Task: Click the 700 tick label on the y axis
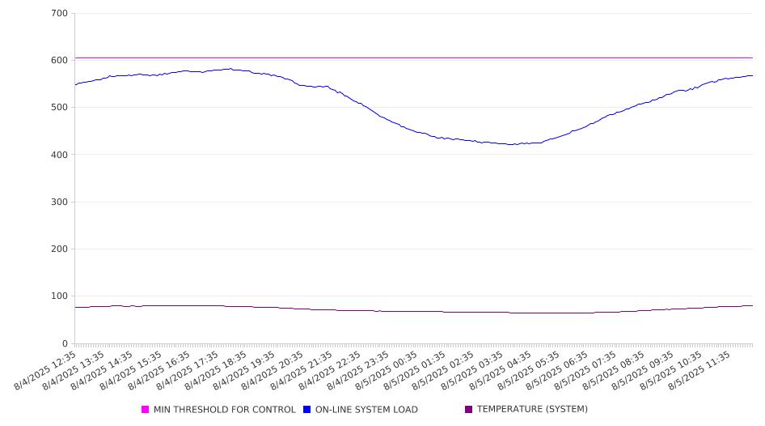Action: click(x=59, y=13)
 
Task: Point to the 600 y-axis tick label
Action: click(x=59, y=60)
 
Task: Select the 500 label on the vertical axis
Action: click(x=59, y=108)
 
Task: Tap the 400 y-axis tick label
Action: click(x=59, y=155)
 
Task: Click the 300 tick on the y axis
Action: click(x=59, y=202)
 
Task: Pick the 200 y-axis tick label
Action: click(x=59, y=249)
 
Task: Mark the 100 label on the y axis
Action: click(x=59, y=296)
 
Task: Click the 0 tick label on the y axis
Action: click(x=65, y=343)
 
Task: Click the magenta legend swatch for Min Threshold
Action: click(x=145, y=409)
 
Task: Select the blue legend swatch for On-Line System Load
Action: click(x=306, y=409)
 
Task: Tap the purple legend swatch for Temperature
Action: click(x=469, y=409)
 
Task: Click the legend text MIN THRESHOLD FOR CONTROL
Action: click(x=225, y=409)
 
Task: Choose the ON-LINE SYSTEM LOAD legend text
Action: click(x=366, y=409)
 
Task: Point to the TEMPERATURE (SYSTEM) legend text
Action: click(x=532, y=409)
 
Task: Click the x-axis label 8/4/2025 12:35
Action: click(x=45, y=371)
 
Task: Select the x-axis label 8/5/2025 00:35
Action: click(x=387, y=371)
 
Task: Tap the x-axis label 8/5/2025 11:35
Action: click(x=699, y=371)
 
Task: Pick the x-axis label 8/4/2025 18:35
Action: click(x=216, y=371)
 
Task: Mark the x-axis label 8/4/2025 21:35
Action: click(x=302, y=371)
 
